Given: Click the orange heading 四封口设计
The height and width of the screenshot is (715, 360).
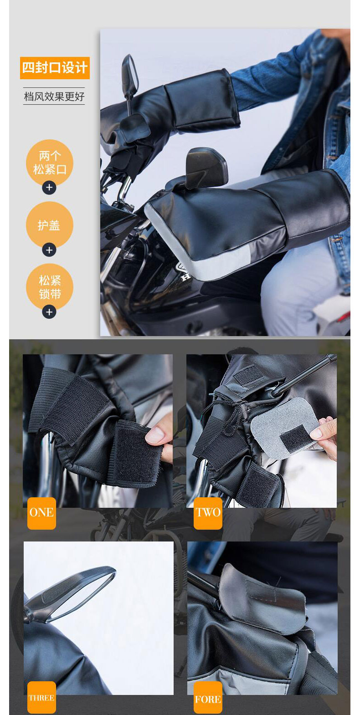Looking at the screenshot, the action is click(55, 68).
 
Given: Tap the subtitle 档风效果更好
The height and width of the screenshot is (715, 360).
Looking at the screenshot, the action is click(54, 96).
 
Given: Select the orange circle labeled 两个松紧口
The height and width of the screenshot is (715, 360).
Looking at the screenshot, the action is click(50, 163).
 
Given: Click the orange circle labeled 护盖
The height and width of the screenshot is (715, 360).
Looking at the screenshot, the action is click(50, 225).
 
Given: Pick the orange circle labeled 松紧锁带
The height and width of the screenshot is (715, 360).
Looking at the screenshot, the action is click(50, 287).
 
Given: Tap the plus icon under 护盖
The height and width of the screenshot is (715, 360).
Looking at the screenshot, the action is click(49, 250).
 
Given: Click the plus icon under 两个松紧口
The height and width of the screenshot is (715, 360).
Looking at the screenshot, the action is click(49, 188).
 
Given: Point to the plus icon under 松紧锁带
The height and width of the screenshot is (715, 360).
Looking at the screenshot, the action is click(49, 312).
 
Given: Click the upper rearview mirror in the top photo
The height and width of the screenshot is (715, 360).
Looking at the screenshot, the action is click(130, 75).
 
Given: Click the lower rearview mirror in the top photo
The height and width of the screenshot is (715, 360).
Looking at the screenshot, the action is click(206, 167).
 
